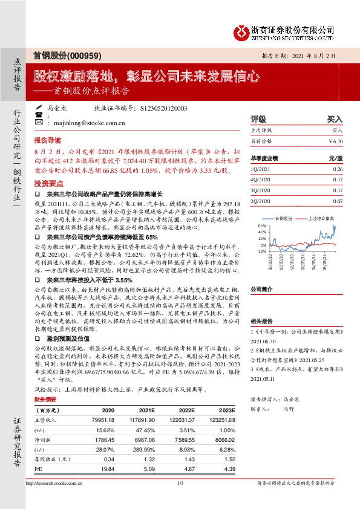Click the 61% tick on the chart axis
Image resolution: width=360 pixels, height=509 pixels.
tap(262, 225)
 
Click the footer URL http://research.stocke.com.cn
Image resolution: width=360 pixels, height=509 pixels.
tap(58, 499)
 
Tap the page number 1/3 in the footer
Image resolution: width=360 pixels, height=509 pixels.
tap(180, 499)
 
